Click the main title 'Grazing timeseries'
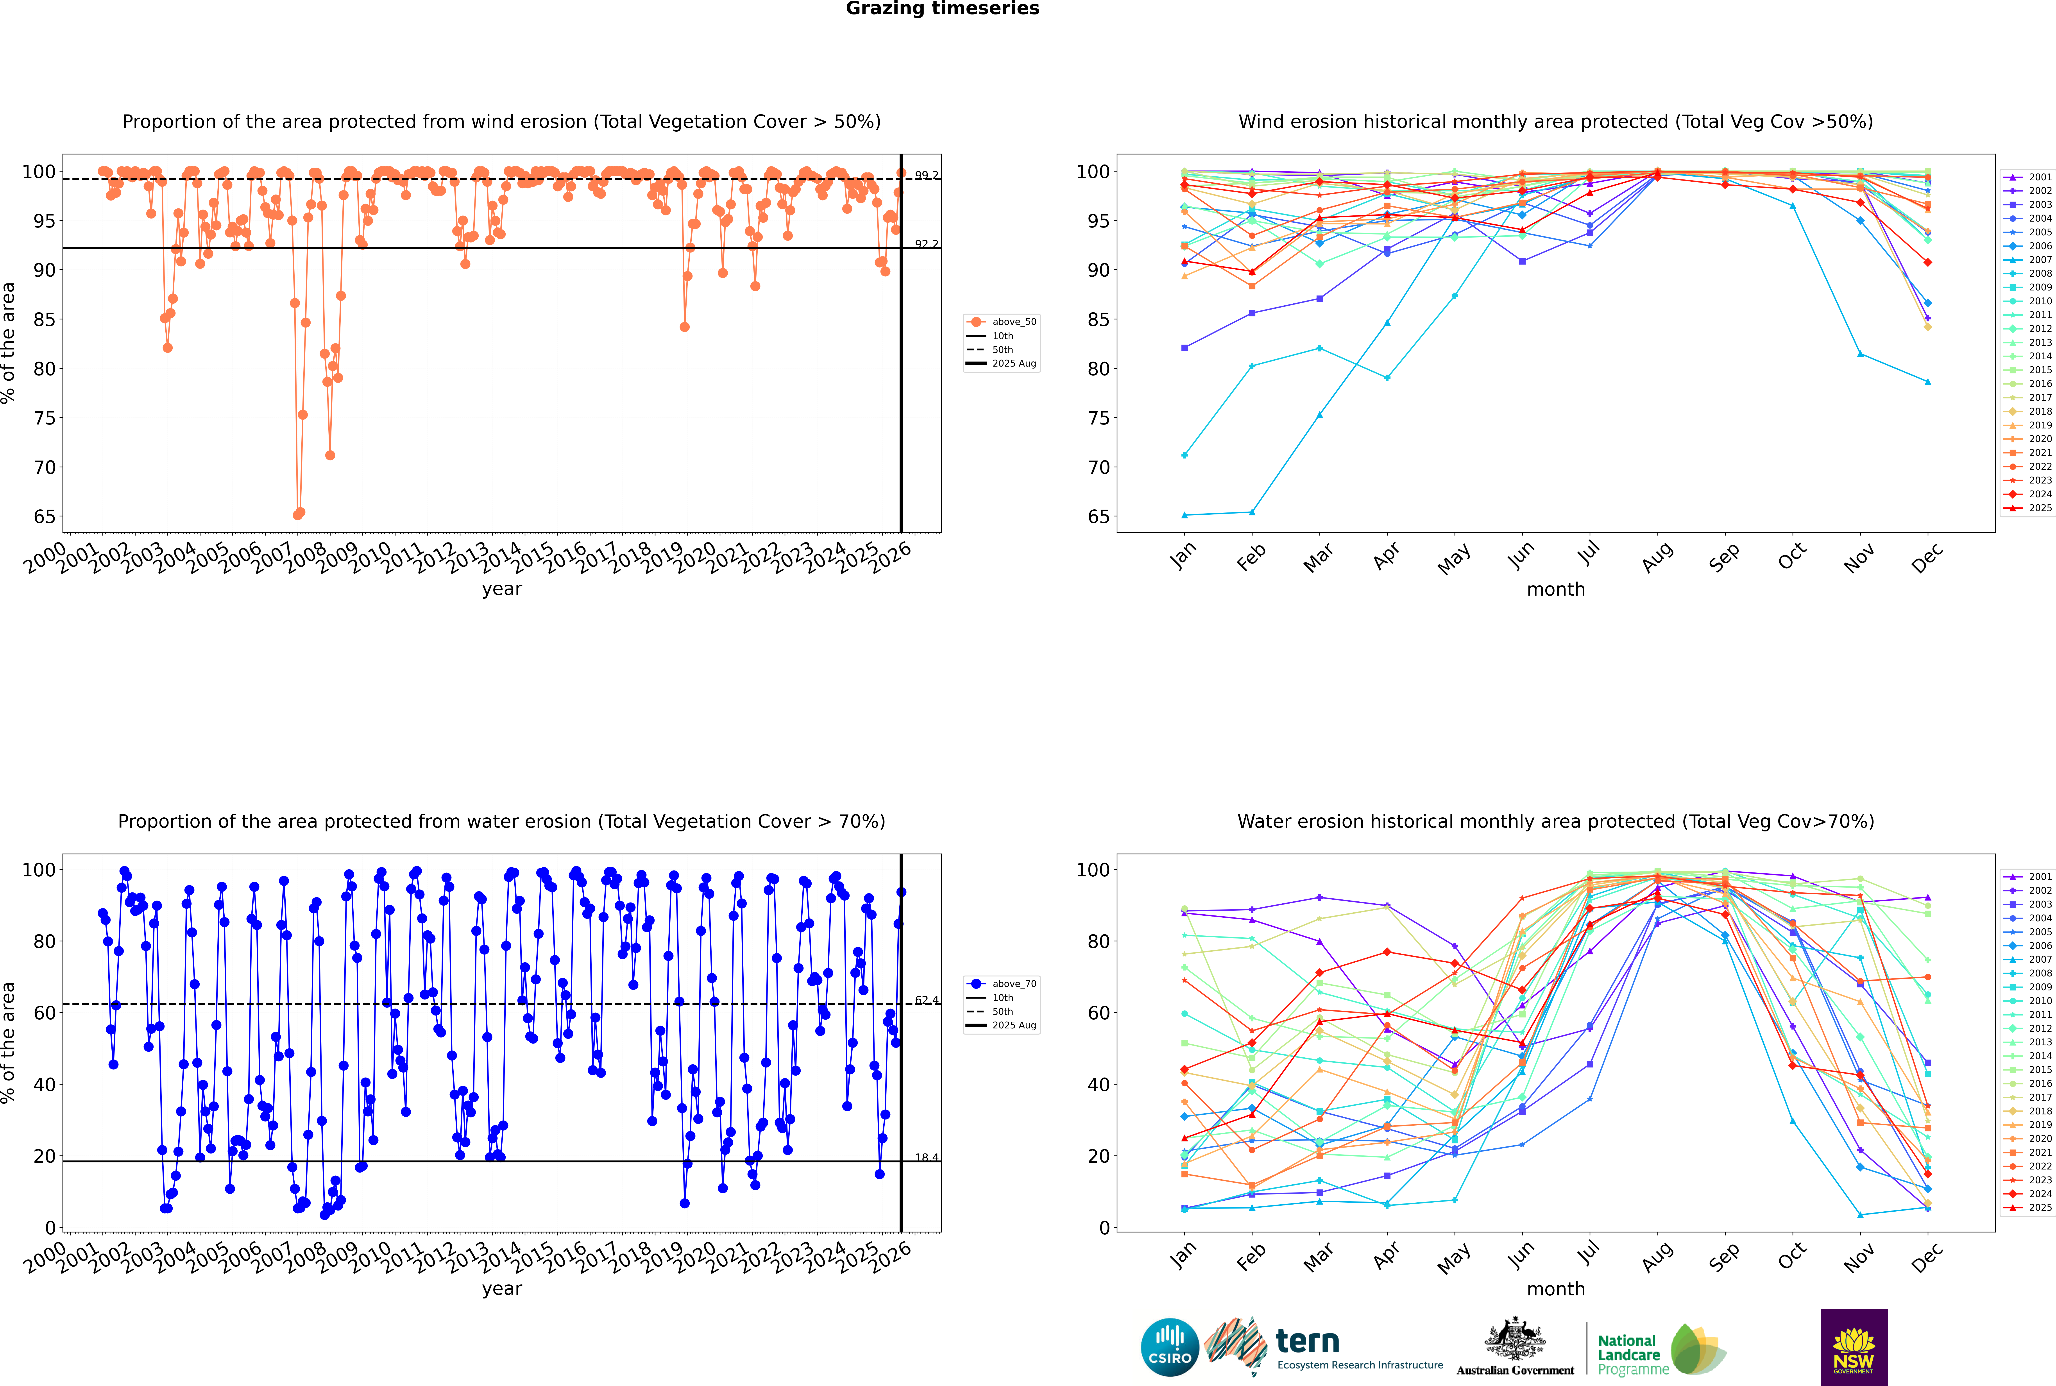(x=942, y=9)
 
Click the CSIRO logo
(x=1169, y=1347)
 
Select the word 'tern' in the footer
(x=1307, y=1341)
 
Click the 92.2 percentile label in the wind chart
(x=926, y=244)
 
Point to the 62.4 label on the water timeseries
(x=926, y=1001)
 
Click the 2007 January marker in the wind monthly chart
(x=1185, y=515)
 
